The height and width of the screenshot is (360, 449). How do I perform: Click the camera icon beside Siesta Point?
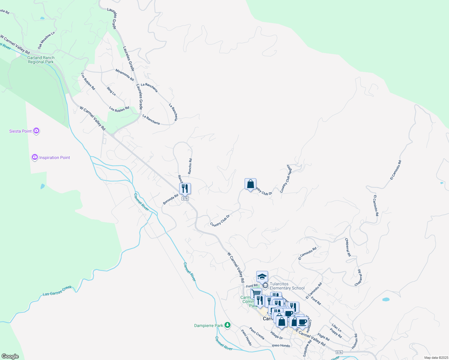[36, 131]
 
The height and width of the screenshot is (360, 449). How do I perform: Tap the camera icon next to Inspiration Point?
[35, 157]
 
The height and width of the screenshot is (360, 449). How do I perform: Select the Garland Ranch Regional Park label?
[41, 60]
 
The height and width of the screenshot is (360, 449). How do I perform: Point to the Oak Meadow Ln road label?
[46, 40]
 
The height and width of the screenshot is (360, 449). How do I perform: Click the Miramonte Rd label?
[125, 75]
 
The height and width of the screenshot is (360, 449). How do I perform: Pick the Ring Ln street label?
[111, 91]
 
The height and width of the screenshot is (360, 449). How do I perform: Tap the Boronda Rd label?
[170, 199]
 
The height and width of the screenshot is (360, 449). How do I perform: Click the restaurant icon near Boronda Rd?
[185, 188]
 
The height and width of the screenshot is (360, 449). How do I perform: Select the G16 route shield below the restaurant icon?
[185, 199]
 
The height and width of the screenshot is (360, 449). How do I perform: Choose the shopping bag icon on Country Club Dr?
[250, 184]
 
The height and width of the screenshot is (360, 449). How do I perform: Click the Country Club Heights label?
[286, 178]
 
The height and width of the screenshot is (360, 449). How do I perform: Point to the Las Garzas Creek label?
[57, 291]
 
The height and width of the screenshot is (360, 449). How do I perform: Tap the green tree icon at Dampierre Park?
[228, 325]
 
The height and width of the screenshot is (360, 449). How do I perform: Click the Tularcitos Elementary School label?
[287, 286]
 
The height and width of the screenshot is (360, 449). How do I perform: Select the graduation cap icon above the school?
[262, 276]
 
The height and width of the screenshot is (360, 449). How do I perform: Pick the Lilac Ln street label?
[336, 328]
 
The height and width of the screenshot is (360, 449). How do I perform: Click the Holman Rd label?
[354, 341]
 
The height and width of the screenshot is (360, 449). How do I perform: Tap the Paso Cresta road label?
[257, 333]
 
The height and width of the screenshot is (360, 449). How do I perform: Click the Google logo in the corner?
[10, 356]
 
